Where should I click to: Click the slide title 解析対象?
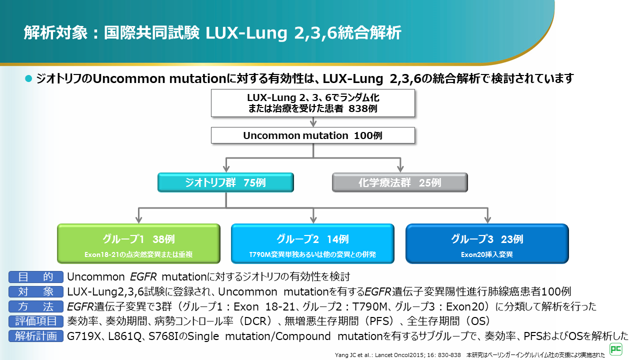click(212, 33)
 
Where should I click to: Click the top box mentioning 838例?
click(313, 103)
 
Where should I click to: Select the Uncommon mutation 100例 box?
click(313, 135)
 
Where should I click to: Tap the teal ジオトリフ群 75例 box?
click(225, 182)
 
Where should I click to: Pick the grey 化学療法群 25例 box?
click(399, 182)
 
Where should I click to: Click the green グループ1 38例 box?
click(138, 243)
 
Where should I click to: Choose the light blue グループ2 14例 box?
click(312, 243)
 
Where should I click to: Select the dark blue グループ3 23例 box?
click(486, 243)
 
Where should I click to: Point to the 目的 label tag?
click(35, 277)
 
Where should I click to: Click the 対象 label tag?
click(35, 291)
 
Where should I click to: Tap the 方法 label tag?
click(35, 306)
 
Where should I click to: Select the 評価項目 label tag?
click(35, 321)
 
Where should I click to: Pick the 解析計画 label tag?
click(35, 336)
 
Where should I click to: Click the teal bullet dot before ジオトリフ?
click(28, 78)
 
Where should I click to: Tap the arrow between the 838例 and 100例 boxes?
click(313, 122)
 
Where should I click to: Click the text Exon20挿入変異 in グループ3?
click(486, 254)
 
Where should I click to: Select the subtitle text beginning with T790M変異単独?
click(312, 254)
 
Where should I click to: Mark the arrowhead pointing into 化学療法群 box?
click(399, 167)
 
